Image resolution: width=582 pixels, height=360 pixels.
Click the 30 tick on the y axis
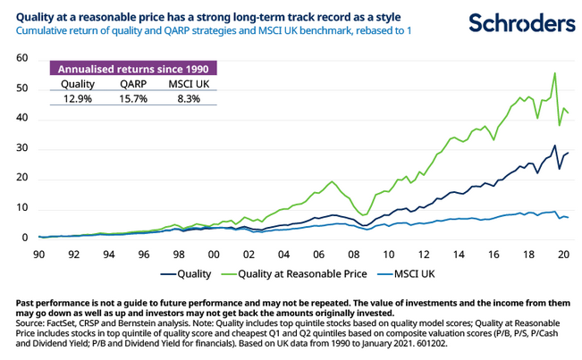(21, 148)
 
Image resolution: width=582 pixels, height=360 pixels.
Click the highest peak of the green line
(555, 73)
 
